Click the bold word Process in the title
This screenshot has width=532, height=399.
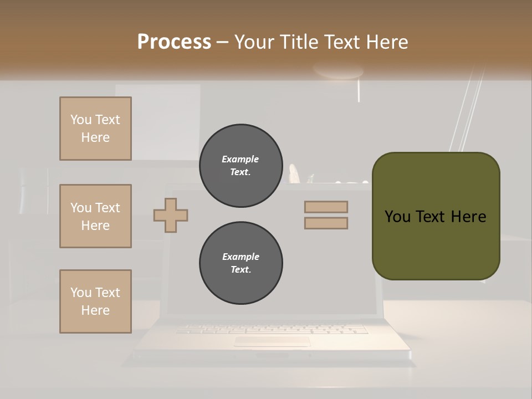coord(174,42)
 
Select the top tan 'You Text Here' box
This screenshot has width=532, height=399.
coord(95,129)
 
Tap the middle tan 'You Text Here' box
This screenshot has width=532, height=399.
coord(95,216)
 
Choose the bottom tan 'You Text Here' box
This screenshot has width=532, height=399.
coord(95,301)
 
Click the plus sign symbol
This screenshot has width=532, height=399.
coord(171,215)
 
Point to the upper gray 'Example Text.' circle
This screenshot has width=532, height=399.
coord(241,166)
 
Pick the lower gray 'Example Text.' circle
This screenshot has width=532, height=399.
coord(241,263)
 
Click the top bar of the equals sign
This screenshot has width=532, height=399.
coord(326,207)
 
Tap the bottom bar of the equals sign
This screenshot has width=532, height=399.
coord(326,223)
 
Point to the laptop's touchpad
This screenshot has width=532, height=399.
coord(272,341)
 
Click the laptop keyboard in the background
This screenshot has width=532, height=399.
coord(272,329)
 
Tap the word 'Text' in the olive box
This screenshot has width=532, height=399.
coord(431,217)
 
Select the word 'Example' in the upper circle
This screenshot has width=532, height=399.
coord(241,159)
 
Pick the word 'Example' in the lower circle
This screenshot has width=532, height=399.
coord(241,257)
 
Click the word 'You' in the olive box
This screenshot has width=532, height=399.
coord(397,217)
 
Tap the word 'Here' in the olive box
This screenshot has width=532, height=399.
coord(468,217)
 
